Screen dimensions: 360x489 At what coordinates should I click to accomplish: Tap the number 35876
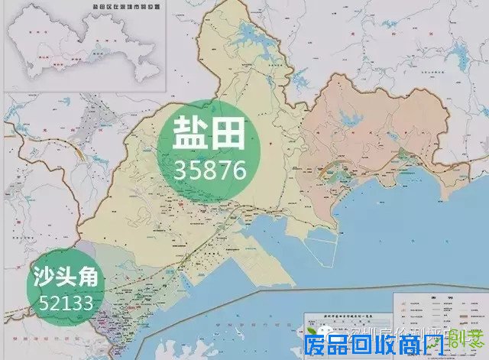(x=209, y=169)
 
